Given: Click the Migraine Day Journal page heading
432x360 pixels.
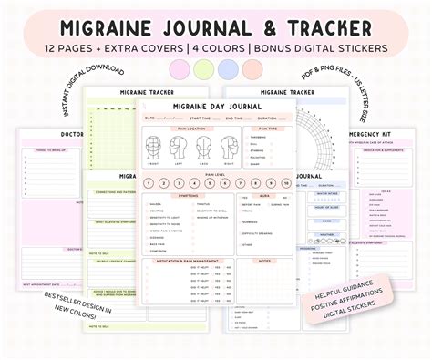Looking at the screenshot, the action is [216, 107].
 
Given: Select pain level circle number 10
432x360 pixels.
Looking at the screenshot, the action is [286, 183].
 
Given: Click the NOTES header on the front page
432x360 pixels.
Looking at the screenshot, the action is [264, 262].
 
